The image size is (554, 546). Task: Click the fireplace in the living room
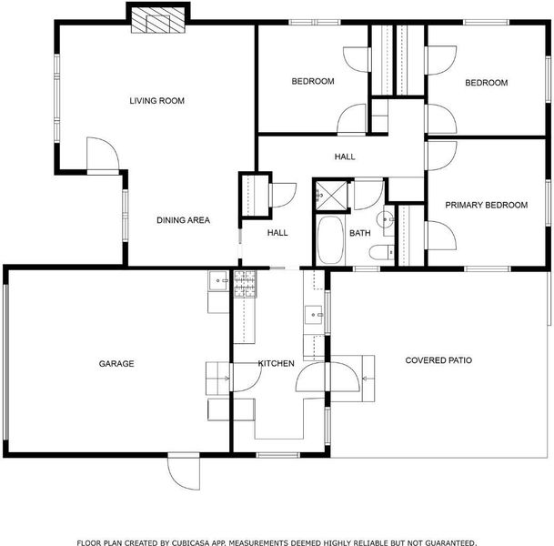coord(158,20)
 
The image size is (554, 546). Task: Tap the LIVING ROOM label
coord(156,101)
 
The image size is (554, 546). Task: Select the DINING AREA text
coord(183,220)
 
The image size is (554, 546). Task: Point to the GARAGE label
coord(116,364)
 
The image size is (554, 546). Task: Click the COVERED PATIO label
coord(438,360)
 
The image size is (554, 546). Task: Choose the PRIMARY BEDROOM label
coord(486,205)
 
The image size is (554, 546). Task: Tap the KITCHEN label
coord(276,364)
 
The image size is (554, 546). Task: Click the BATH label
coord(359,233)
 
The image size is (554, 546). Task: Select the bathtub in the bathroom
coord(330,239)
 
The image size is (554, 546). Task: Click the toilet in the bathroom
coord(381,252)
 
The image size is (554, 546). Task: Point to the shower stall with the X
coord(331,196)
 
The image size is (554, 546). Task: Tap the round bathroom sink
coord(385,219)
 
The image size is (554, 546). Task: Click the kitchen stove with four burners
coord(246,284)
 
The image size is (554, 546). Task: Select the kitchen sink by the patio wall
coord(314,315)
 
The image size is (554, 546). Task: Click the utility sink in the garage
coord(218,280)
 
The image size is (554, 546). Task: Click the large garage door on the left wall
coord(5,362)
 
